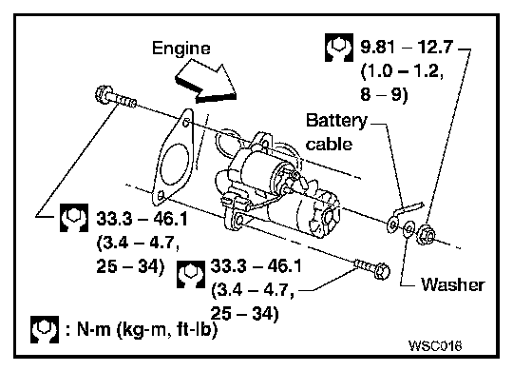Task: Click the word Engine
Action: pos(180,49)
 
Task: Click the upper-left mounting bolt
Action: pos(115,97)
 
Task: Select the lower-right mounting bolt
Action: pos(372,269)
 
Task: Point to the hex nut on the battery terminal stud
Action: pos(426,234)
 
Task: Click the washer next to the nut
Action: pos(408,228)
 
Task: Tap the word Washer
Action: pos(452,284)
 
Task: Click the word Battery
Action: pos(336,121)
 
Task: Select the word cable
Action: pos(329,144)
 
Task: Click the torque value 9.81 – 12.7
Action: pos(407,47)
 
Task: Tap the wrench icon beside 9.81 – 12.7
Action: pos(339,48)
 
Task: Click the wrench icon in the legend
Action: pos(44,329)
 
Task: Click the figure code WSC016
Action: pos(435,345)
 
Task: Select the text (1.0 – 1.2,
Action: pos(402,71)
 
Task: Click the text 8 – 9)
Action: pos(384,94)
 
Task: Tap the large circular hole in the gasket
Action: pos(175,166)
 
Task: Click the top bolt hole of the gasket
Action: pos(185,123)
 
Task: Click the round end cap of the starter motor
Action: pos(329,217)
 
